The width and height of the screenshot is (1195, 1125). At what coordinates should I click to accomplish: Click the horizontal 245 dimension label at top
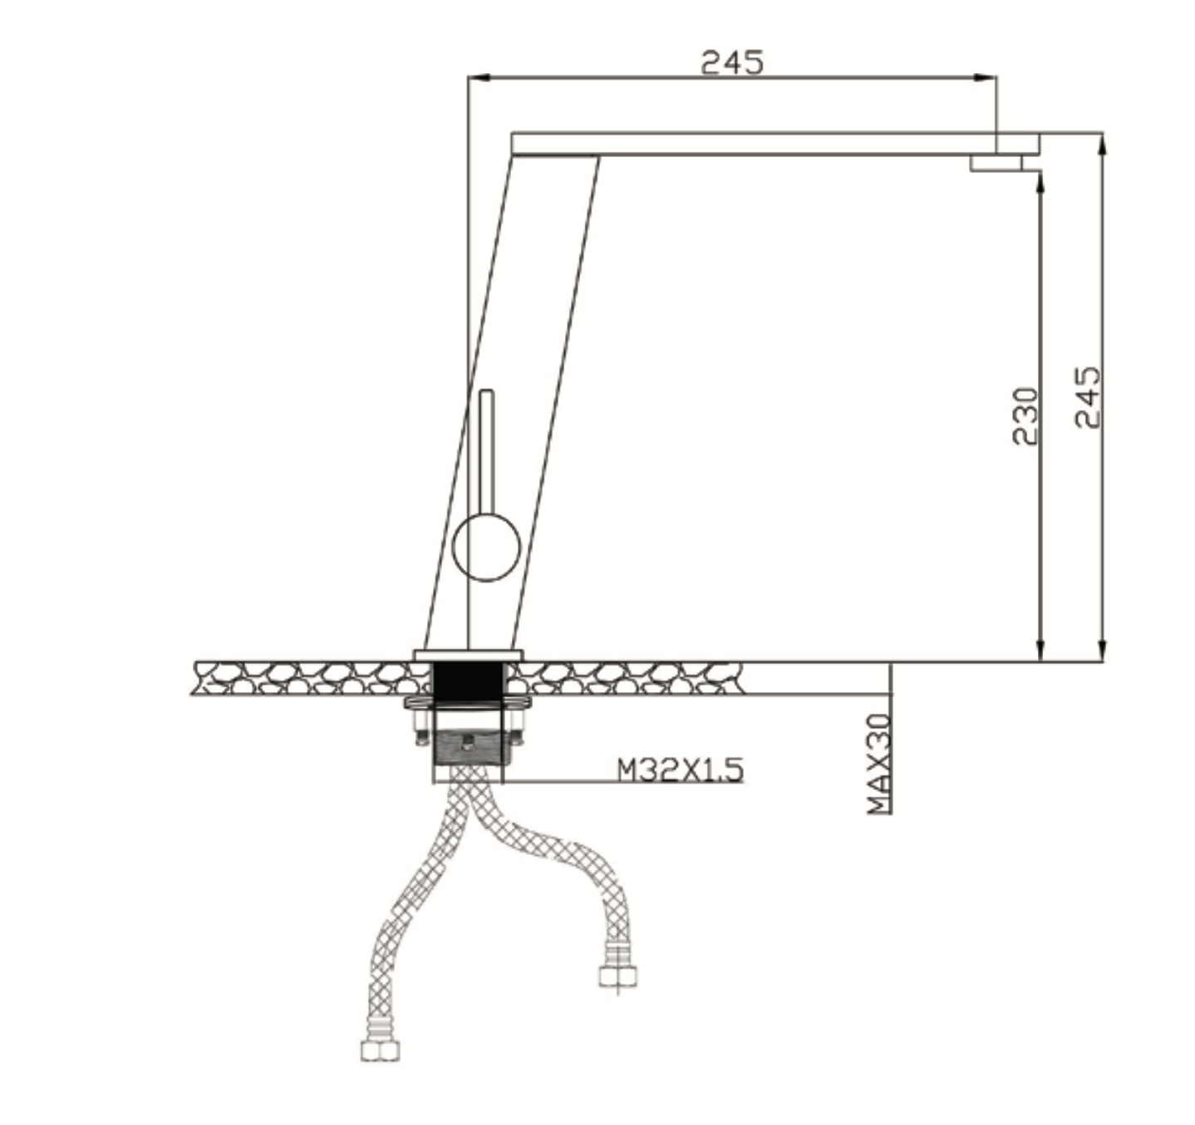pos(731,62)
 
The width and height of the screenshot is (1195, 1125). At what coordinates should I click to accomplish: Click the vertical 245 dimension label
pos(1088,397)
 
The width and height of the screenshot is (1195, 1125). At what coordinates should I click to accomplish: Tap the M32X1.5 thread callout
pos(680,769)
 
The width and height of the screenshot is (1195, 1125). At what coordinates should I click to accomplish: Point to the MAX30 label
pos(878,763)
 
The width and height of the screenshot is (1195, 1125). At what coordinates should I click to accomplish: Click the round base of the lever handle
pos(487,547)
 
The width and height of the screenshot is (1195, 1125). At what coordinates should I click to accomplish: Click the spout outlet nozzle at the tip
pos(996,165)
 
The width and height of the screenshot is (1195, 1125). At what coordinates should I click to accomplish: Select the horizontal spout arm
pos(748,143)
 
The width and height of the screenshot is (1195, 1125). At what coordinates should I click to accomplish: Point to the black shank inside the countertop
pos(470,677)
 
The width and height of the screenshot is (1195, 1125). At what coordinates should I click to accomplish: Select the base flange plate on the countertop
pos(468,655)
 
